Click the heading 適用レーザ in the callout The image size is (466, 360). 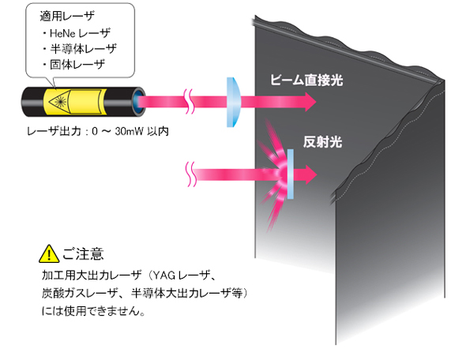click(x=67, y=16)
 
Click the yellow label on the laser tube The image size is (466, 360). click(x=75, y=102)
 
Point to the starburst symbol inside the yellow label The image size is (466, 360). click(x=60, y=102)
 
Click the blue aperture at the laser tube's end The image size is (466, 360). click(x=137, y=102)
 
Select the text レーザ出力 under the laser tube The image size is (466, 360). click(x=54, y=131)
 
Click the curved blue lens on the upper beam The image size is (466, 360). click(x=234, y=102)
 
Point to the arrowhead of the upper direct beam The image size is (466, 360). click(x=310, y=102)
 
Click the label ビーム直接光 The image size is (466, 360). click(x=306, y=81)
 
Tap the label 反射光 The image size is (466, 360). click(x=322, y=141)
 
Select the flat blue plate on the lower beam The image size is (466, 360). click(x=291, y=174)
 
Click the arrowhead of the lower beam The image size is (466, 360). click(x=311, y=174)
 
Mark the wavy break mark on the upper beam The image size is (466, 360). click(x=190, y=101)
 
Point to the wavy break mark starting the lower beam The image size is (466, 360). click(x=191, y=174)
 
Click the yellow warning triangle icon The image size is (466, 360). click(x=49, y=253)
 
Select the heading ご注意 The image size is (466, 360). click(x=83, y=254)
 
